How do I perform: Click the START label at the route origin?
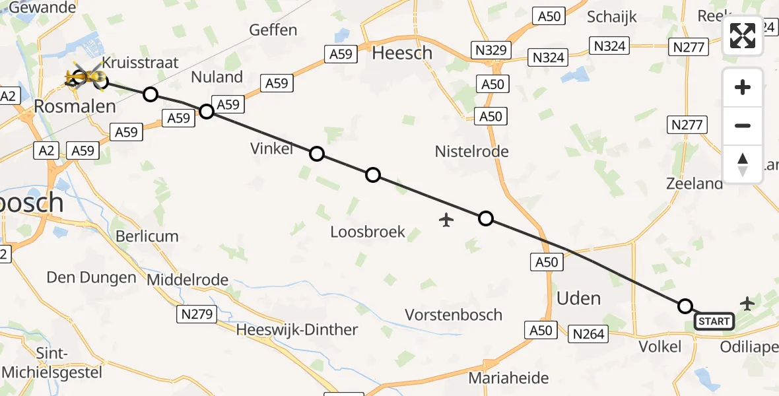pyautogui.click(x=714, y=321)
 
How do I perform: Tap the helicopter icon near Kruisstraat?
pyautogui.click(x=85, y=79)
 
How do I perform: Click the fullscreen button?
pyautogui.click(x=743, y=36)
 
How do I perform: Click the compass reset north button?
pyautogui.click(x=743, y=164)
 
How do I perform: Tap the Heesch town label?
pyautogui.click(x=402, y=53)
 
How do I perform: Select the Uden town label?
pyautogui.click(x=578, y=298)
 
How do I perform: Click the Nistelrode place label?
pyautogui.click(x=471, y=151)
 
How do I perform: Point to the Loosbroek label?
pyautogui.click(x=368, y=232)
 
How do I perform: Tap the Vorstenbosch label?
pyautogui.click(x=454, y=314)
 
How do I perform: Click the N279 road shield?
pyautogui.click(x=197, y=314)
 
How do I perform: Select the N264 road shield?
pyautogui.click(x=589, y=334)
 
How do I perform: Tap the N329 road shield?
pyautogui.click(x=489, y=49)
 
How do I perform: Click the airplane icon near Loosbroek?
pyautogui.click(x=447, y=219)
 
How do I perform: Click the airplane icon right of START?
pyautogui.click(x=747, y=304)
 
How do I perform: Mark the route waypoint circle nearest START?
pyautogui.click(x=685, y=306)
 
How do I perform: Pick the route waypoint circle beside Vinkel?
pyautogui.click(x=317, y=154)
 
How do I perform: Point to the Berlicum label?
pyautogui.click(x=147, y=236)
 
